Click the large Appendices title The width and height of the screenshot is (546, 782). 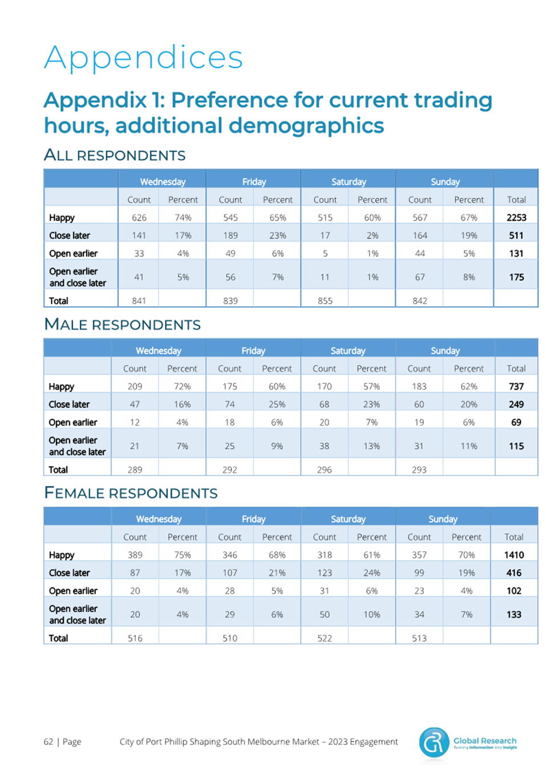pyautogui.click(x=143, y=58)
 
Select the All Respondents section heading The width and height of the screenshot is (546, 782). pyautogui.click(x=114, y=155)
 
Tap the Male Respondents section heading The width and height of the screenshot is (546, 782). pyautogui.click(x=122, y=324)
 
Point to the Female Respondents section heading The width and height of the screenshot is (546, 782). pyautogui.click(x=131, y=492)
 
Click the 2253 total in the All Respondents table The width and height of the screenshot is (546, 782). pyautogui.click(x=516, y=218)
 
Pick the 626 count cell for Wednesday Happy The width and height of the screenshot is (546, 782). pyautogui.click(x=139, y=218)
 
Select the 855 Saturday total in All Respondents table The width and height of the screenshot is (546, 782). pyautogui.click(x=324, y=300)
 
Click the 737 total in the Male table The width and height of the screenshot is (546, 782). pyautogui.click(x=516, y=387)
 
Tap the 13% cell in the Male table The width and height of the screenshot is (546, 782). pyautogui.click(x=371, y=446)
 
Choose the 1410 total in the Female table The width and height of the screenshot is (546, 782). pyautogui.click(x=514, y=555)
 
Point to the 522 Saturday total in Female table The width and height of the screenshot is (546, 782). pyautogui.click(x=324, y=638)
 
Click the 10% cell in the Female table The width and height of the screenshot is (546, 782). pyautogui.click(x=372, y=615)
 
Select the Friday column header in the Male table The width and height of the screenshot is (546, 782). pyautogui.click(x=254, y=351)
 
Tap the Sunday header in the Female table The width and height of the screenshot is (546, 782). pyautogui.click(x=443, y=519)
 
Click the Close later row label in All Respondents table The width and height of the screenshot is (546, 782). pyautogui.click(x=70, y=236)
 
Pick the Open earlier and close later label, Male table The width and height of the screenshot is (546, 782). pyautogui.click(x=77, y=446)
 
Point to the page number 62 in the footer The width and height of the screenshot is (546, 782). pyautogui.click(x=48, y=741)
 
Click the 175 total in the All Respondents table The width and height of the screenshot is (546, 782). pyautogui.click(x=516, y=277)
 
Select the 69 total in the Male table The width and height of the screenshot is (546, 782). pyautogui.click(x=516, y=422)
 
